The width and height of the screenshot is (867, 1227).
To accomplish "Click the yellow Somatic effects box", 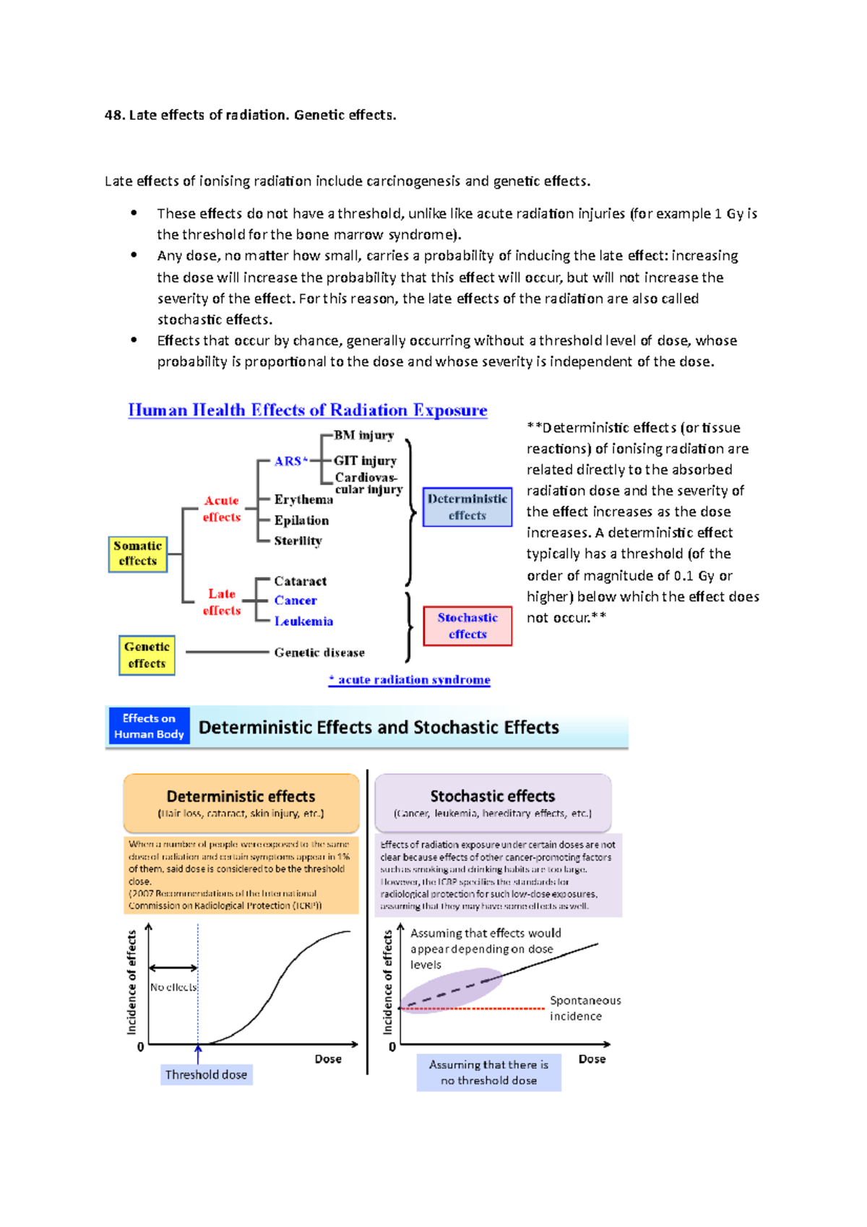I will coord(137,554).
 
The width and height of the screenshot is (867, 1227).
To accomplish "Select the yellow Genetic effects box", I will coord(147,655).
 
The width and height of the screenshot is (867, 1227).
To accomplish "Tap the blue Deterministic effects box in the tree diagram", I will coord(467,507).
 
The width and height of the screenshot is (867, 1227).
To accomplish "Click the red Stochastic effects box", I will coord(467,626).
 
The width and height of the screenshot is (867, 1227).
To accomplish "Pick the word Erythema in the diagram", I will coord(303,499).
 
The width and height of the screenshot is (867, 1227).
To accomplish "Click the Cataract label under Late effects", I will coord(300,581).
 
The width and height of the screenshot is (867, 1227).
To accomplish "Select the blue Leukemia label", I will coord(303,621).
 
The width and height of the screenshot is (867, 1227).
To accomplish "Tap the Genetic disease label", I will coord(319,652).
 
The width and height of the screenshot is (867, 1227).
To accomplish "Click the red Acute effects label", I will coord(221,509).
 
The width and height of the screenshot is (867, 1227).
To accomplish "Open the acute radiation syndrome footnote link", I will coord(410,679).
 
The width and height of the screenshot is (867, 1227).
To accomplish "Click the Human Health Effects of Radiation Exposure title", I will coord(308,410).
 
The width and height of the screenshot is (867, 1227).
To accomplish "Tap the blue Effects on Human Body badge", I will coord(149,726).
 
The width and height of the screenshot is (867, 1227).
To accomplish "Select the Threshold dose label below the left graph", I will coord(206,1075).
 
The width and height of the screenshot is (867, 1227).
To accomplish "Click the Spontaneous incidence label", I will coord(585,1008).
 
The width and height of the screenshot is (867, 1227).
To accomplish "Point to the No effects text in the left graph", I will coord(173,987).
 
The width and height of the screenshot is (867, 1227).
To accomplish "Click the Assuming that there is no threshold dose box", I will coord(488,1072).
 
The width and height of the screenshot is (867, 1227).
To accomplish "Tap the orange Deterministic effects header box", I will coord(241,803).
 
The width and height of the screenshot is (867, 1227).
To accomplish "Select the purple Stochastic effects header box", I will coord(493,803).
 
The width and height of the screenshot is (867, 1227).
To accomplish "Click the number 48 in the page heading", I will coord(113,115).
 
